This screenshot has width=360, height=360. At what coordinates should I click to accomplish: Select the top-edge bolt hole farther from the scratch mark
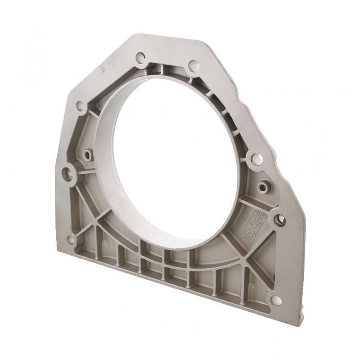193,66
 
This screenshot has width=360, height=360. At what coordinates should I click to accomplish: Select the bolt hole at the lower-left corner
71,239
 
